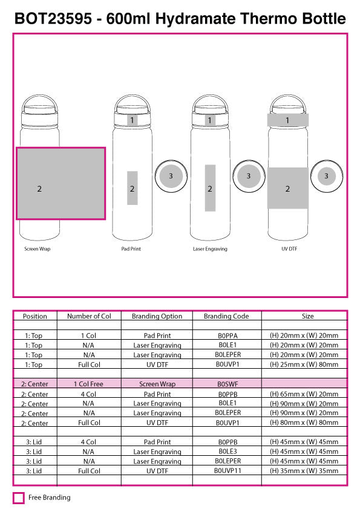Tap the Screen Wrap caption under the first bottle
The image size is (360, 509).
tap(37, 249)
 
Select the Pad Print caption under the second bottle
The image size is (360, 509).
tap(131, 249)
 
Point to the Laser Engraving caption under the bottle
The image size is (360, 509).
tap(210, 249)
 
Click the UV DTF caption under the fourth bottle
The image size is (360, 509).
tap(289, 249)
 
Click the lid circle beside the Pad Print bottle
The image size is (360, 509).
tap(171, 176)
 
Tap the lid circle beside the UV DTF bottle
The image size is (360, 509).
tap(326, 176)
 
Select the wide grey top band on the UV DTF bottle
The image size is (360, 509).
tap(287, 120)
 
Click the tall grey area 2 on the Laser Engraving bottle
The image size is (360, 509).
tap(210, 188)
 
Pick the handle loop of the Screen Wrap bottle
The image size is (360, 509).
tap(37, 100)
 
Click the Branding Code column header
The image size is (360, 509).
tap(227, 316)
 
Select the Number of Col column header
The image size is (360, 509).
tap(89, 316)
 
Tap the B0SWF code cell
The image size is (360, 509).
tap(227, 384)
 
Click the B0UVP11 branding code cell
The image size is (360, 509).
tap(227, 471)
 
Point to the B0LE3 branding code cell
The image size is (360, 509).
tap(227, 452)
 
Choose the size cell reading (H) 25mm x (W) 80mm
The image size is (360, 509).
tap(304, 365)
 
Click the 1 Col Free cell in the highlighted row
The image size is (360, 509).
tap(89, 384)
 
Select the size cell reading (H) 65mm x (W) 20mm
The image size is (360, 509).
tap(304, 394)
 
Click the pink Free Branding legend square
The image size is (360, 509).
tap(19, 498)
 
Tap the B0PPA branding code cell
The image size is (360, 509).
tap(227, 336)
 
